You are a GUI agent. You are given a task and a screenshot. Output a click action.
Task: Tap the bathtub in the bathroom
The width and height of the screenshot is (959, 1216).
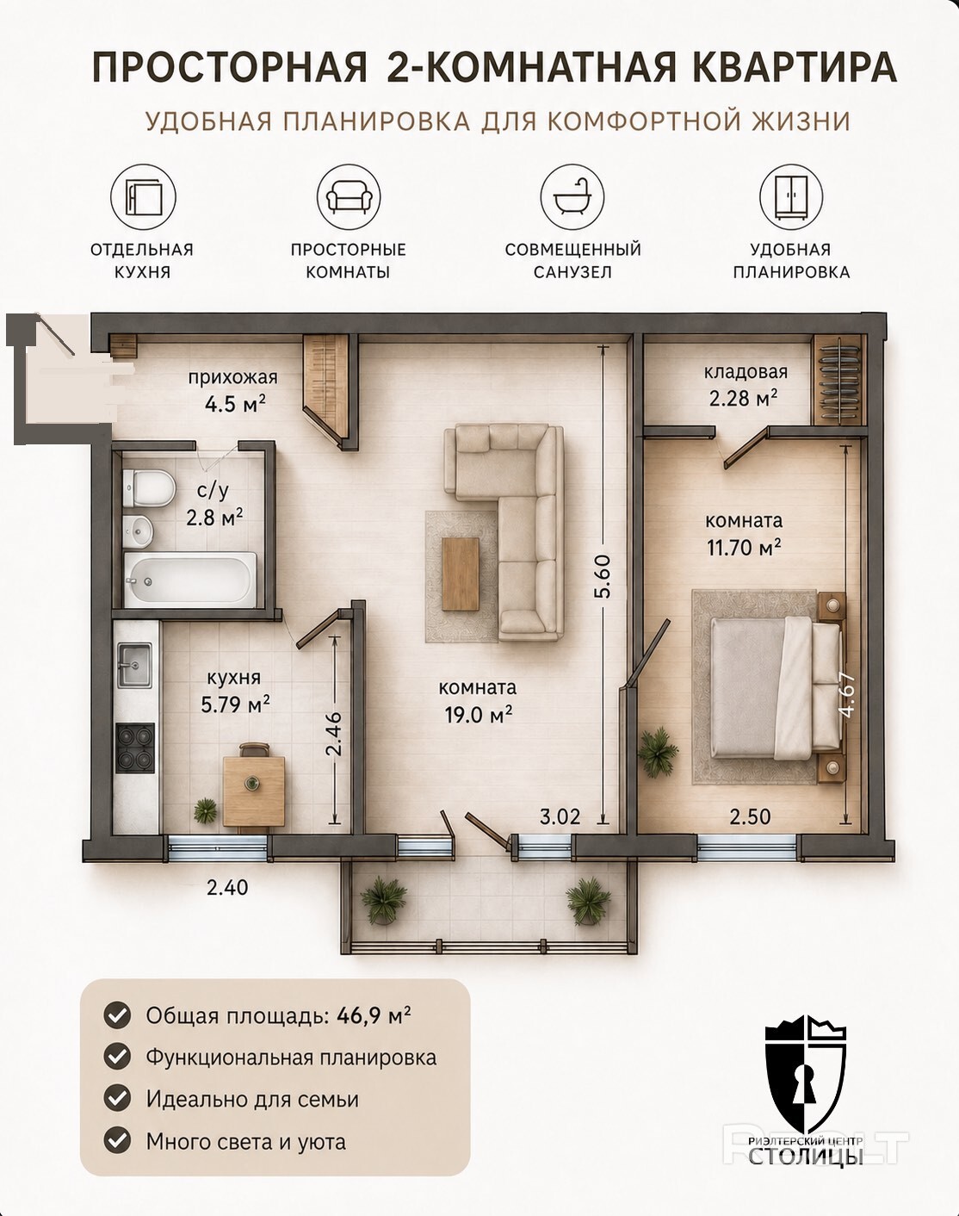[x=189, y=580]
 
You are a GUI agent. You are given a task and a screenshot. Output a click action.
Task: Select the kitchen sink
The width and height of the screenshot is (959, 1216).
[x=134, y=664]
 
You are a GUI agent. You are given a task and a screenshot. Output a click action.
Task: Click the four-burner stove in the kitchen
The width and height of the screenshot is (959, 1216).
[x=135, y=748]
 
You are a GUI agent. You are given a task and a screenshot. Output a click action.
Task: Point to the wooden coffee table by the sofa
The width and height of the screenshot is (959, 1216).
[x=461, y=574]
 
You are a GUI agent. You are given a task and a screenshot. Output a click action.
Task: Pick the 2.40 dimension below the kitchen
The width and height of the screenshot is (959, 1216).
[x=227, y=888]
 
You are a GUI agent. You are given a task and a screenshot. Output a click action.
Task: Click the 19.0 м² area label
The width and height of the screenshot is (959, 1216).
[x=479, y=715]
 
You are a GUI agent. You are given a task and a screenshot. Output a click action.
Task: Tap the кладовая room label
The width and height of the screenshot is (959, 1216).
[x=746, y=372]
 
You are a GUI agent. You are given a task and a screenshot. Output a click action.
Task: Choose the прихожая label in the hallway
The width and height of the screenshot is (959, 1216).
[x=233, y=377]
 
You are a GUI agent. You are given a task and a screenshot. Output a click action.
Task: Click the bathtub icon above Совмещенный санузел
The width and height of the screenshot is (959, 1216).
[x=572, y=197]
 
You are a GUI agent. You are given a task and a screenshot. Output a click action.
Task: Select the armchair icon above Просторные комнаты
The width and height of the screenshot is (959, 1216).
[x=349, y=197]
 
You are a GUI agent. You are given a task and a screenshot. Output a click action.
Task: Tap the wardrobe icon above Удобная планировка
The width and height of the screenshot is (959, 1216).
[x=790, y=197]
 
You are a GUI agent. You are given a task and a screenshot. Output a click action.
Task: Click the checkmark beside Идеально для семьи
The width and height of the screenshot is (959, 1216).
[x=117, y=1099]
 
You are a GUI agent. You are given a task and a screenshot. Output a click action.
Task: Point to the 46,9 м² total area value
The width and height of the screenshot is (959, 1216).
[x=374, y=1015]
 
